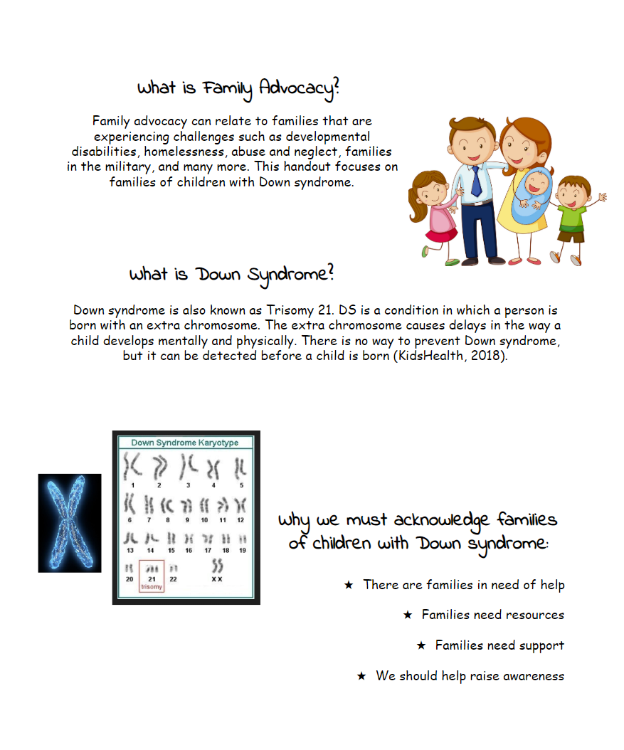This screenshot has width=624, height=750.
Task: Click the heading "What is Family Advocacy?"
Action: (x=238, y=88)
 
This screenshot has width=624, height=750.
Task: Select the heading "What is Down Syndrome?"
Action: (x=231, y=275)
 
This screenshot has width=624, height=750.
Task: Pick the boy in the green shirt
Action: (x=572, y=213)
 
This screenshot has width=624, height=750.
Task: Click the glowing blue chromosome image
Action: (x=70, y=523)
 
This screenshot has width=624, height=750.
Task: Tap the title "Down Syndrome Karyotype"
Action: (x=184, y=443)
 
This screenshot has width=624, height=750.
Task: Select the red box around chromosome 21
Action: (x=152, y=576)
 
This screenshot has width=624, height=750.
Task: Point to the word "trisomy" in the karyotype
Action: (x=152, y=587)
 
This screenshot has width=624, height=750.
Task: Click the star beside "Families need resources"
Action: (x=408, y=615)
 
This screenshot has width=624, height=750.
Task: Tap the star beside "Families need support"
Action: (x=421, y=645)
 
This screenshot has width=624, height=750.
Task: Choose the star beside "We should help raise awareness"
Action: (x=361, y=676)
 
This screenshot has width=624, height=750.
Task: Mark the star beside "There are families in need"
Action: (x=349, y=585)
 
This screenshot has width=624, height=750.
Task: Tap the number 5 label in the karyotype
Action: (x=241, y=485)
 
